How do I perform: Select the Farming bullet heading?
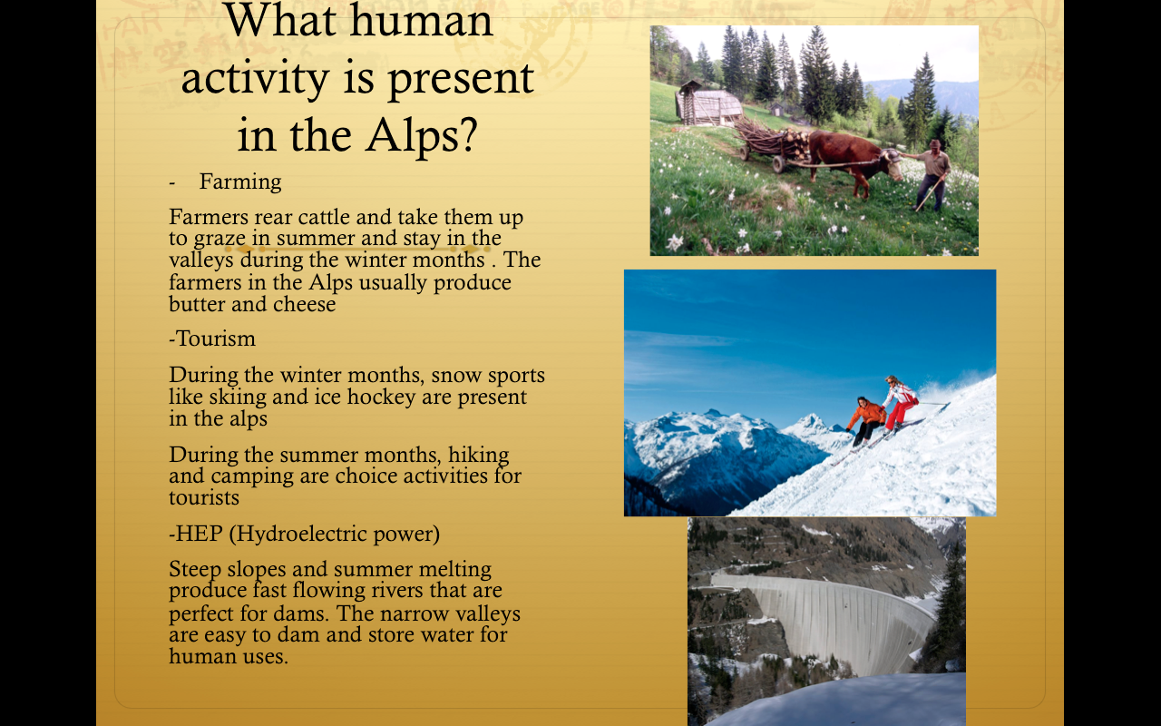[x=240, y=181]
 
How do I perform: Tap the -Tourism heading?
[x=212, y=338]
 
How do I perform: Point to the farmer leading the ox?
[x=930, y=172]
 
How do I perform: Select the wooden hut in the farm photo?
[x=707, y=104]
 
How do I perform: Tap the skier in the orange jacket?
[x=867, y=418]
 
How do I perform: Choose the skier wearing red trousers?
[x=900, y=405]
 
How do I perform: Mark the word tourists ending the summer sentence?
[x=204, y=497]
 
